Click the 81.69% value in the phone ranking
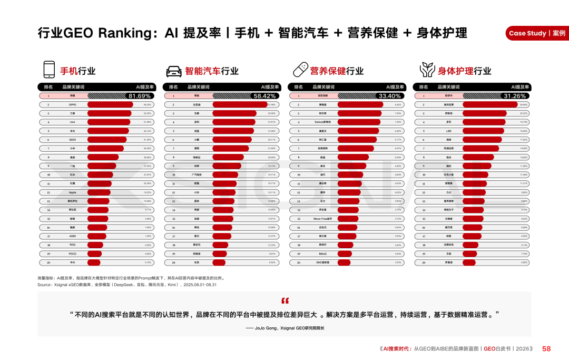[140, 96]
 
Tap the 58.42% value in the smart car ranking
[264, 96]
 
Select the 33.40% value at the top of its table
[390, 96]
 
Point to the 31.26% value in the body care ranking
[515, 96]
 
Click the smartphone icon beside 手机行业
[49, 70]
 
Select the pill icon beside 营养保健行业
[300, 70]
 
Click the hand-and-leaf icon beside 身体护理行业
[426, 70]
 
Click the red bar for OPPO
[110, 105]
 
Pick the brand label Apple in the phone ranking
[72, 192]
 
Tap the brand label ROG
[72, 245]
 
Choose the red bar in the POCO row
[94, 254]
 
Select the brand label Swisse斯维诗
[322, 122]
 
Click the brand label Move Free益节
[322, 219]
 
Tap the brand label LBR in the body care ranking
[448, 131]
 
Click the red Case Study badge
[536, 33]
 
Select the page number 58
[546, 348]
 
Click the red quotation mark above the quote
[285, 301]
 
